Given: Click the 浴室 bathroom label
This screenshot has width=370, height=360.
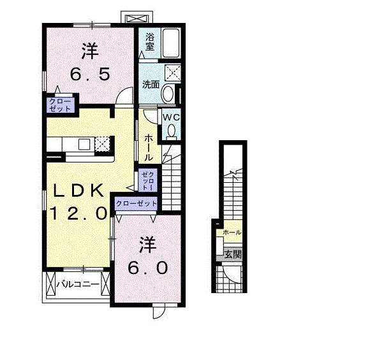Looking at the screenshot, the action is click(150, 41).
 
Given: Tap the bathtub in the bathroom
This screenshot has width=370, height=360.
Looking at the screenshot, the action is click(171, 43).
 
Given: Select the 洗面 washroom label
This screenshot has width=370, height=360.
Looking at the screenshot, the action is click(151, 85).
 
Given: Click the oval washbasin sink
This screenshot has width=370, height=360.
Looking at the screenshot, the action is click(168, 94).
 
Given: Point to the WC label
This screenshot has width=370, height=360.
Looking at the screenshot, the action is click(172, 117).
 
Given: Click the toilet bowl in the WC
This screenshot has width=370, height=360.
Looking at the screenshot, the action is click(172, 131).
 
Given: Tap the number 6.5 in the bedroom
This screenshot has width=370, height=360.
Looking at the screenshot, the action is click(90, 74).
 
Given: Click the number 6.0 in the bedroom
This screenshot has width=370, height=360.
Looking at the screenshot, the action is click(148, 268).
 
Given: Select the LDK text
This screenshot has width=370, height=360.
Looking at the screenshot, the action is click(78, 191).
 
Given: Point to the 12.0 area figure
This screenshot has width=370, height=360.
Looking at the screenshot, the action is click(78, 213).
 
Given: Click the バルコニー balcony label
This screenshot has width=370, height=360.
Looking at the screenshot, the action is click(78, 284).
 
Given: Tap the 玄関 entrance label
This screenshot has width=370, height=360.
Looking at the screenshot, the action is click(233, 255).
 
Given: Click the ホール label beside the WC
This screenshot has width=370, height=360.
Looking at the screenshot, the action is click(149, 147).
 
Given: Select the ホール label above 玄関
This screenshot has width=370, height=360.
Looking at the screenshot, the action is click(232, 233).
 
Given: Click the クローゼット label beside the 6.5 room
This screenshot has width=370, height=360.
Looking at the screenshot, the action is click(60, 105).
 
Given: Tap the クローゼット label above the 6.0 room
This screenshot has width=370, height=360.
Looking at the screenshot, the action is click(137, 203).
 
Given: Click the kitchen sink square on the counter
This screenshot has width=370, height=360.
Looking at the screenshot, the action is click(84, 144).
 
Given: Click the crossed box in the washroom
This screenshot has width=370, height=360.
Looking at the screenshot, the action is click(173, 73).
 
